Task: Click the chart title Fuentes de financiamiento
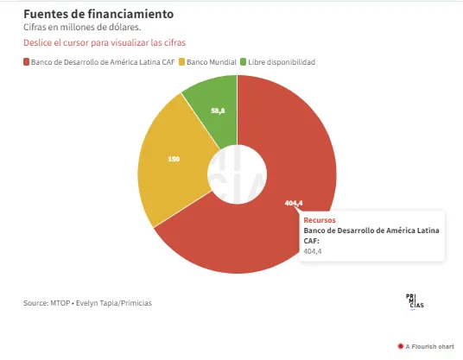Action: (x=98, y=14)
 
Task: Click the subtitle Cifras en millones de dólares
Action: (x=82, y=27)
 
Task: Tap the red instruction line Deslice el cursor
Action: (x=105, y=43)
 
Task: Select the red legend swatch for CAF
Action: (x=26, y=62)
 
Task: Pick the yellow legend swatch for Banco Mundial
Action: (x=182, y=62)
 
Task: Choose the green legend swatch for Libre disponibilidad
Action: (x=243, y=62)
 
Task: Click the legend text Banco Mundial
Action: (x=212, y=62)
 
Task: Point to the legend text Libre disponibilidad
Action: (x=282, y=62)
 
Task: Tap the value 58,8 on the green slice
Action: (x=218, y=111)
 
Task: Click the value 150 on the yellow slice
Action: (x=174, y=160)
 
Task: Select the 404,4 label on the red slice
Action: (x=294, y=203)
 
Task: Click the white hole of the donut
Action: (x=237, y=174)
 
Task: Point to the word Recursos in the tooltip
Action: (x=320, y=220)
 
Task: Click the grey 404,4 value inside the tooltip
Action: (x=313, y=251)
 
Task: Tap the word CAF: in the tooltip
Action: (x=312, y=241)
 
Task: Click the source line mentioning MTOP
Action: (x=88, y=303)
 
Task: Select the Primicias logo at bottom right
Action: (x=415, y=302)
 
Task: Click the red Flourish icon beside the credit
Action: (x=401, y=346)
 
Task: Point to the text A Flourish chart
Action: (x=429, y=346)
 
